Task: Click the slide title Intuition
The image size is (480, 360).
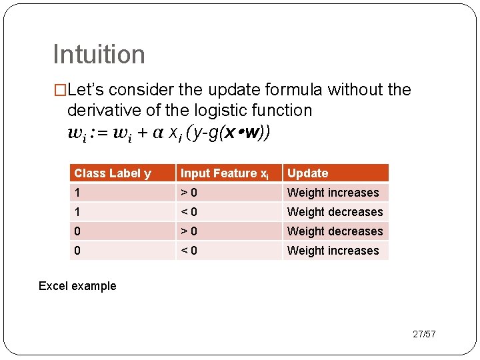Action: [99, 55]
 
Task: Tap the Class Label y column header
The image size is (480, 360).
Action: [113, 173]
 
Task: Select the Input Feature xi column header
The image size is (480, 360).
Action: [225, 173]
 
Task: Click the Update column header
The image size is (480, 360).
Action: [307, 173]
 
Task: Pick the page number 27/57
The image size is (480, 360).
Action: [424, 334]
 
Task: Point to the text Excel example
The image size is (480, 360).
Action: [77, 286]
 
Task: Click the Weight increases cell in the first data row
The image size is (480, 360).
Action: [333, 193]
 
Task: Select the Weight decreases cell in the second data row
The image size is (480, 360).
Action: [335, 212]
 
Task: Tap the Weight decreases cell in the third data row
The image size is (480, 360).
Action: [335, 231]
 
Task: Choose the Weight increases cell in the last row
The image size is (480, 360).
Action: [333, 251]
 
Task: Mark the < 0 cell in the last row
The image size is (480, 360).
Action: [189, 251]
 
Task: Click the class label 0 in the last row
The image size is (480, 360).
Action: [78, 251]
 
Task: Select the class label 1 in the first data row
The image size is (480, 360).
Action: [77, 193]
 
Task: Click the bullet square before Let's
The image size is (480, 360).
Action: [60, 90]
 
